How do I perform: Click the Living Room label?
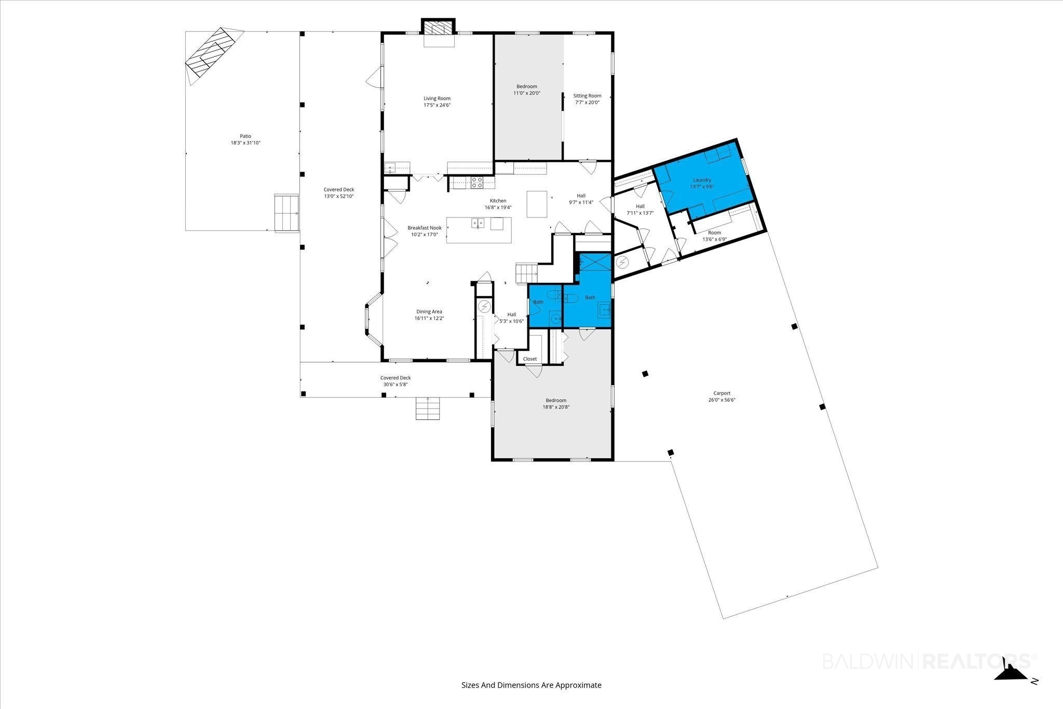click(x=437, y=98)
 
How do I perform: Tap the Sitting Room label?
click(x=587, y=96)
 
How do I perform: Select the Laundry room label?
click(x=702, y=180)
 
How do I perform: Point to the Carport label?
click(x=721, y=393)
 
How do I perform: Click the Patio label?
click(x=246, y=136)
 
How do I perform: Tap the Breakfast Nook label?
click(x=425, y=228)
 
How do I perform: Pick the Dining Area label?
click(x=429, y=311)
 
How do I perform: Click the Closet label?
click(x=530, y=359)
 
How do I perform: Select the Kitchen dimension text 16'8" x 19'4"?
click(x=498, y=208)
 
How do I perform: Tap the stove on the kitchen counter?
click(x=477, y=182)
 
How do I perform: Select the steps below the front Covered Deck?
click(x=428, y=408)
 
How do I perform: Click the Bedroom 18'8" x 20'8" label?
click(x=556, y=403)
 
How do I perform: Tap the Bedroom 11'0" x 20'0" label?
click(x=527, y=90)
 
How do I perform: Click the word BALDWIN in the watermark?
click(x=870, y=661)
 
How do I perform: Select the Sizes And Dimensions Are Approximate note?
click(x=531, y=685)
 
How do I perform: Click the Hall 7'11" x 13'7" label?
click(x=640, y=210)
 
